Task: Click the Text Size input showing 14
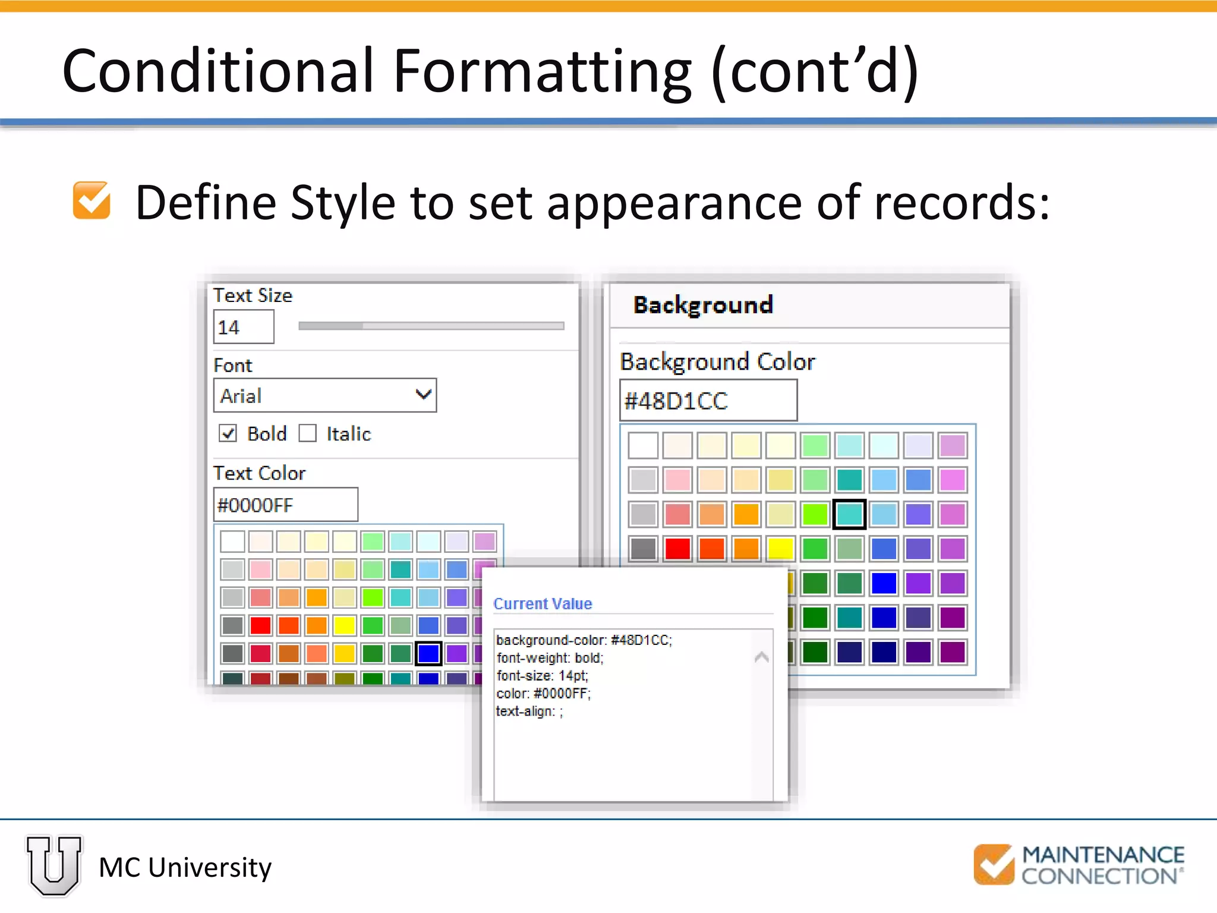click(243, 327)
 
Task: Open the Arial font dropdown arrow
click(423, 395)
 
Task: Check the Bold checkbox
click(228, 433)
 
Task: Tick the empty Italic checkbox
click(307, 433)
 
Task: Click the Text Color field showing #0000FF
click(285, 505)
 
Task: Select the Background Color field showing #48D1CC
click(708, 401)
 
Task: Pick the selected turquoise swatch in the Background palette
click(849, 514)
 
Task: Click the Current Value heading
click(543, 604)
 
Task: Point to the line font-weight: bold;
click(550, 658)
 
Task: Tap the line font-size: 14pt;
click(542, 676)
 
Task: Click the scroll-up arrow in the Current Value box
click(761, 657)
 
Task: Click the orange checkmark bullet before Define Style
click(92, 200)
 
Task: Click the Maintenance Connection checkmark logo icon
click(994, 864)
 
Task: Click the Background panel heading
click(703, 305)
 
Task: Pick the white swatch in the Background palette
click(643, 445)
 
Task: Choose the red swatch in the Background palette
click(677, 549)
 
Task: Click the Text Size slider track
click(431, 326)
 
